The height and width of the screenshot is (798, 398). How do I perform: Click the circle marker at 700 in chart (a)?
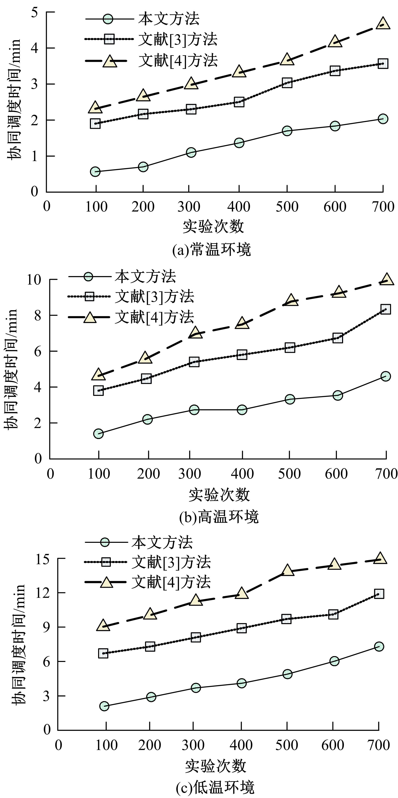383,119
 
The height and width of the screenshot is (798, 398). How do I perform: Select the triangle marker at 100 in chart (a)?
95,107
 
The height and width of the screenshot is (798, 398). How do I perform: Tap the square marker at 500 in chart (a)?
287,83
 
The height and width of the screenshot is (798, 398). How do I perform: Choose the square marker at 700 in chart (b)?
385,309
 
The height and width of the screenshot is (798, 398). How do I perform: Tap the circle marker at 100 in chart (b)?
98,433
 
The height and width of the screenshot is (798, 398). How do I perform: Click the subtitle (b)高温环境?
219,517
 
